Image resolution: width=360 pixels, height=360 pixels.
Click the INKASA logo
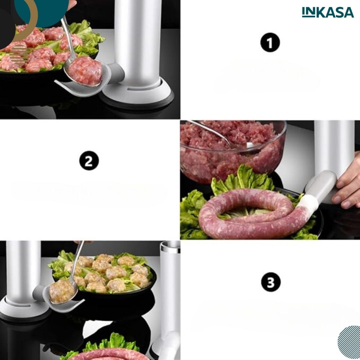(328, 12)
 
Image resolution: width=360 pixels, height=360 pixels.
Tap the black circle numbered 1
(270, 42)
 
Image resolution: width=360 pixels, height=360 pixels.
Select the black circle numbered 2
(89, 160)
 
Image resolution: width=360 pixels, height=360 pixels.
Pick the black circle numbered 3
(271, 282)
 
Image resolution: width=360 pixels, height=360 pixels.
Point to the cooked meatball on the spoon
(62, 291)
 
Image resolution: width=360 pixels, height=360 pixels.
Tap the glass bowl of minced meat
(233, 150)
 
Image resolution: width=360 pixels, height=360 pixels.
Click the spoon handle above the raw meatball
(68, 37)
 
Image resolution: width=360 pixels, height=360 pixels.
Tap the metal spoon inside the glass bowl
(220, 135)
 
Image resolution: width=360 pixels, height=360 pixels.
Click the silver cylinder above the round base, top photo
(138, 41)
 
